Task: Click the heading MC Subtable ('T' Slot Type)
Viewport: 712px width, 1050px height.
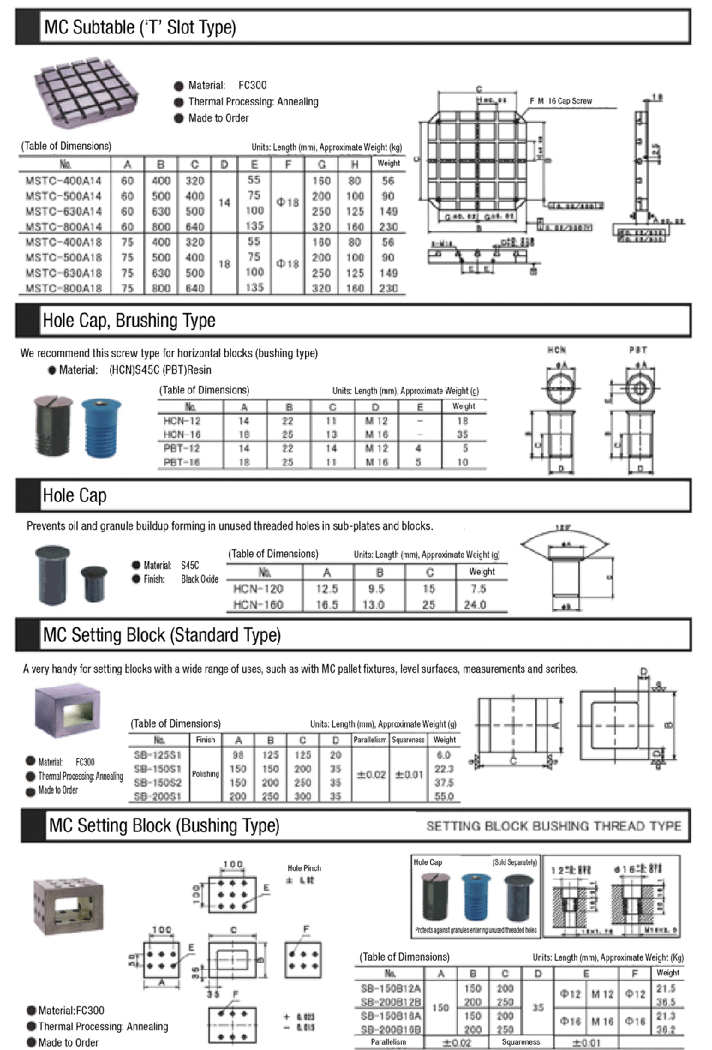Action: click(140, 28)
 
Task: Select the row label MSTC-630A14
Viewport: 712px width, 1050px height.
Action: click(64, 211)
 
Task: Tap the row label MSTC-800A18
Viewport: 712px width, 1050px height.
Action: click(64, 288)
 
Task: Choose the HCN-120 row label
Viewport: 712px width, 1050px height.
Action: click(259, 589)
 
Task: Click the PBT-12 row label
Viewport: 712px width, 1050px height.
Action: click(182, 448)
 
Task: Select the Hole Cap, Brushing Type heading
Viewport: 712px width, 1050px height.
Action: click(129, 321)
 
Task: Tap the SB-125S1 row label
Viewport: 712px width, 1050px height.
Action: click(157, 755)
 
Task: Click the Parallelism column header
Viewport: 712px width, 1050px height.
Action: click(369, 739)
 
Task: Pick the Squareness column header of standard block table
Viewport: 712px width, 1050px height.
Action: click(408, 739)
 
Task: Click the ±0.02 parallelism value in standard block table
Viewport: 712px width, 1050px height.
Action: click(370, 775)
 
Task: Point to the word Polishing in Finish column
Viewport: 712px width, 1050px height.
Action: click(205, 774)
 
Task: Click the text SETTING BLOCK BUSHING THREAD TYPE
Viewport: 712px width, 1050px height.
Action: click(553, 826)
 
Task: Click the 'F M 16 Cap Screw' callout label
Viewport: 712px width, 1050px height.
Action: click(561, 100)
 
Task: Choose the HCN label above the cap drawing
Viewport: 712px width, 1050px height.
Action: click(557, 349)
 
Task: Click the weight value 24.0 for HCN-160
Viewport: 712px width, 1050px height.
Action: click(474, 604)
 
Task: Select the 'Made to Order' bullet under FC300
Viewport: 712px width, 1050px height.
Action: click(58, 790)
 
